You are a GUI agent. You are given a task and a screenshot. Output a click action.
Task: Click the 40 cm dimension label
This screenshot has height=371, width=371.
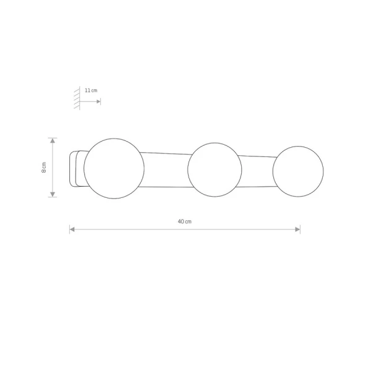(x=184, y=222)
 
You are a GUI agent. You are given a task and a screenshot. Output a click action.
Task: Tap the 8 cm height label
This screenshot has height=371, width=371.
(x=44, y=168)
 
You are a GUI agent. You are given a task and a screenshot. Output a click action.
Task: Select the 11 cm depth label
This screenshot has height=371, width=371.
(x=91, y=90)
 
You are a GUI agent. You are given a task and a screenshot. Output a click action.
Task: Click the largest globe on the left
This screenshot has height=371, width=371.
(x=114, y=168)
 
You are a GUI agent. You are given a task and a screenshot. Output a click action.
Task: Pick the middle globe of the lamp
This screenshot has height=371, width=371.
(x=215, y=169)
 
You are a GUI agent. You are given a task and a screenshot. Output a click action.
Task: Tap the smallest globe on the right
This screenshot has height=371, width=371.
(x=298, y=171)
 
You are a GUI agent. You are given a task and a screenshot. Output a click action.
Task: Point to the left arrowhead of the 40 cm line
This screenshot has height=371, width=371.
(x=72, y=229)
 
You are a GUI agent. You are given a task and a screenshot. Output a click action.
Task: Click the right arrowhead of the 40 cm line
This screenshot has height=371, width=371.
(x=297, y=229)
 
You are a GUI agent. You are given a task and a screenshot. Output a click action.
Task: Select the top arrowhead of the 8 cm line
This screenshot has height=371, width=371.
(x=53, y=140)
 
